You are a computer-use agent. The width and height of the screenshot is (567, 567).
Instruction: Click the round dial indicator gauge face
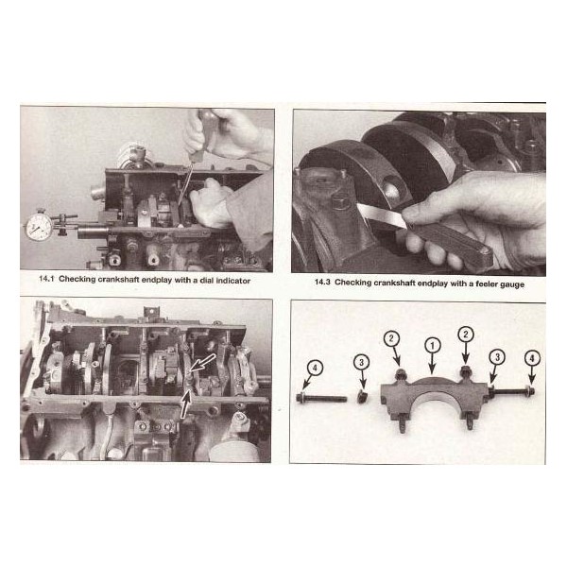pos(39,227)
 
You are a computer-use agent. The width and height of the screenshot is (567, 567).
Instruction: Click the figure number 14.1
pos(46,279)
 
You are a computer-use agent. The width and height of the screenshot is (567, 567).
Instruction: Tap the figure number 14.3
pos(322,282)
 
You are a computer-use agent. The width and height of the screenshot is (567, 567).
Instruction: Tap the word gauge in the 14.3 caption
pos(513,285)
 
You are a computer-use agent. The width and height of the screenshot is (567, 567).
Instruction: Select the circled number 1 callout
pos(432,345)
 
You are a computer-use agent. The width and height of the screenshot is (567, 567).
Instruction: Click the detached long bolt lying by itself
pos(321,398)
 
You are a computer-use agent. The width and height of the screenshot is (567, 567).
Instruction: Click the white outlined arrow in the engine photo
pos(202,363)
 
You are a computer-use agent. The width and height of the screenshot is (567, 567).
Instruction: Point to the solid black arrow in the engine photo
pos(185,404)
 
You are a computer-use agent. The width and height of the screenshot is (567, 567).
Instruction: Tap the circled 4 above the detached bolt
pos(316,369)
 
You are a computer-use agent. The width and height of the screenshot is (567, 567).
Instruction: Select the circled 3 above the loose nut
pos(362,362)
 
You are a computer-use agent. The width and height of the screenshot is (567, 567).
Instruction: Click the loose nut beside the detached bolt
pos(362,398)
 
